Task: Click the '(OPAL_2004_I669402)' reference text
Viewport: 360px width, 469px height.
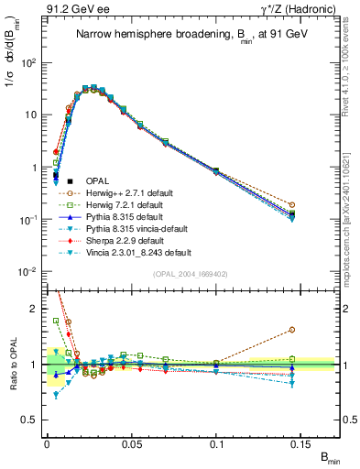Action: click(189, 272)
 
